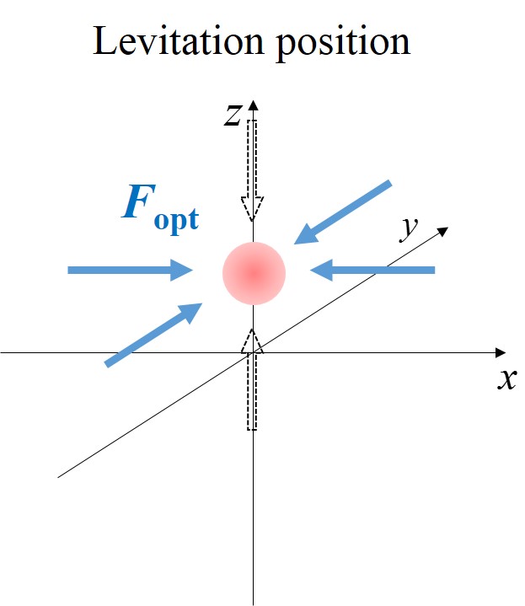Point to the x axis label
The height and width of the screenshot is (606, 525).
coord(506,380)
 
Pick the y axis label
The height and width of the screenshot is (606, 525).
coord(410,228)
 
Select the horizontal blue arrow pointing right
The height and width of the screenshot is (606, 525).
coord(131,270)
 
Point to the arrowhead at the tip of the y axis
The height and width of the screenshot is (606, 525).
coord(443,230)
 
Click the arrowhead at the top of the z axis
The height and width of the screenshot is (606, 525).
coord(253,106)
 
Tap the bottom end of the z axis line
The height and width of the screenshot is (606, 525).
coord(254,603)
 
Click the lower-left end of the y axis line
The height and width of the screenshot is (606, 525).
coord(59,477)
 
